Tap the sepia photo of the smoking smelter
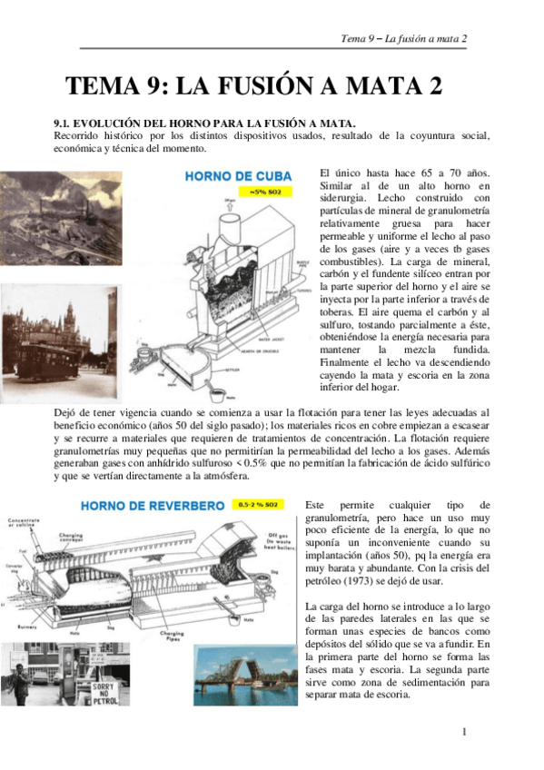pyautogui.click(x=60, y=218)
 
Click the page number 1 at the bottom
pyautogui.click(x=463, y=731)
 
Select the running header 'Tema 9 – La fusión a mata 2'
pyautogui.click(x=403, y=38)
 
